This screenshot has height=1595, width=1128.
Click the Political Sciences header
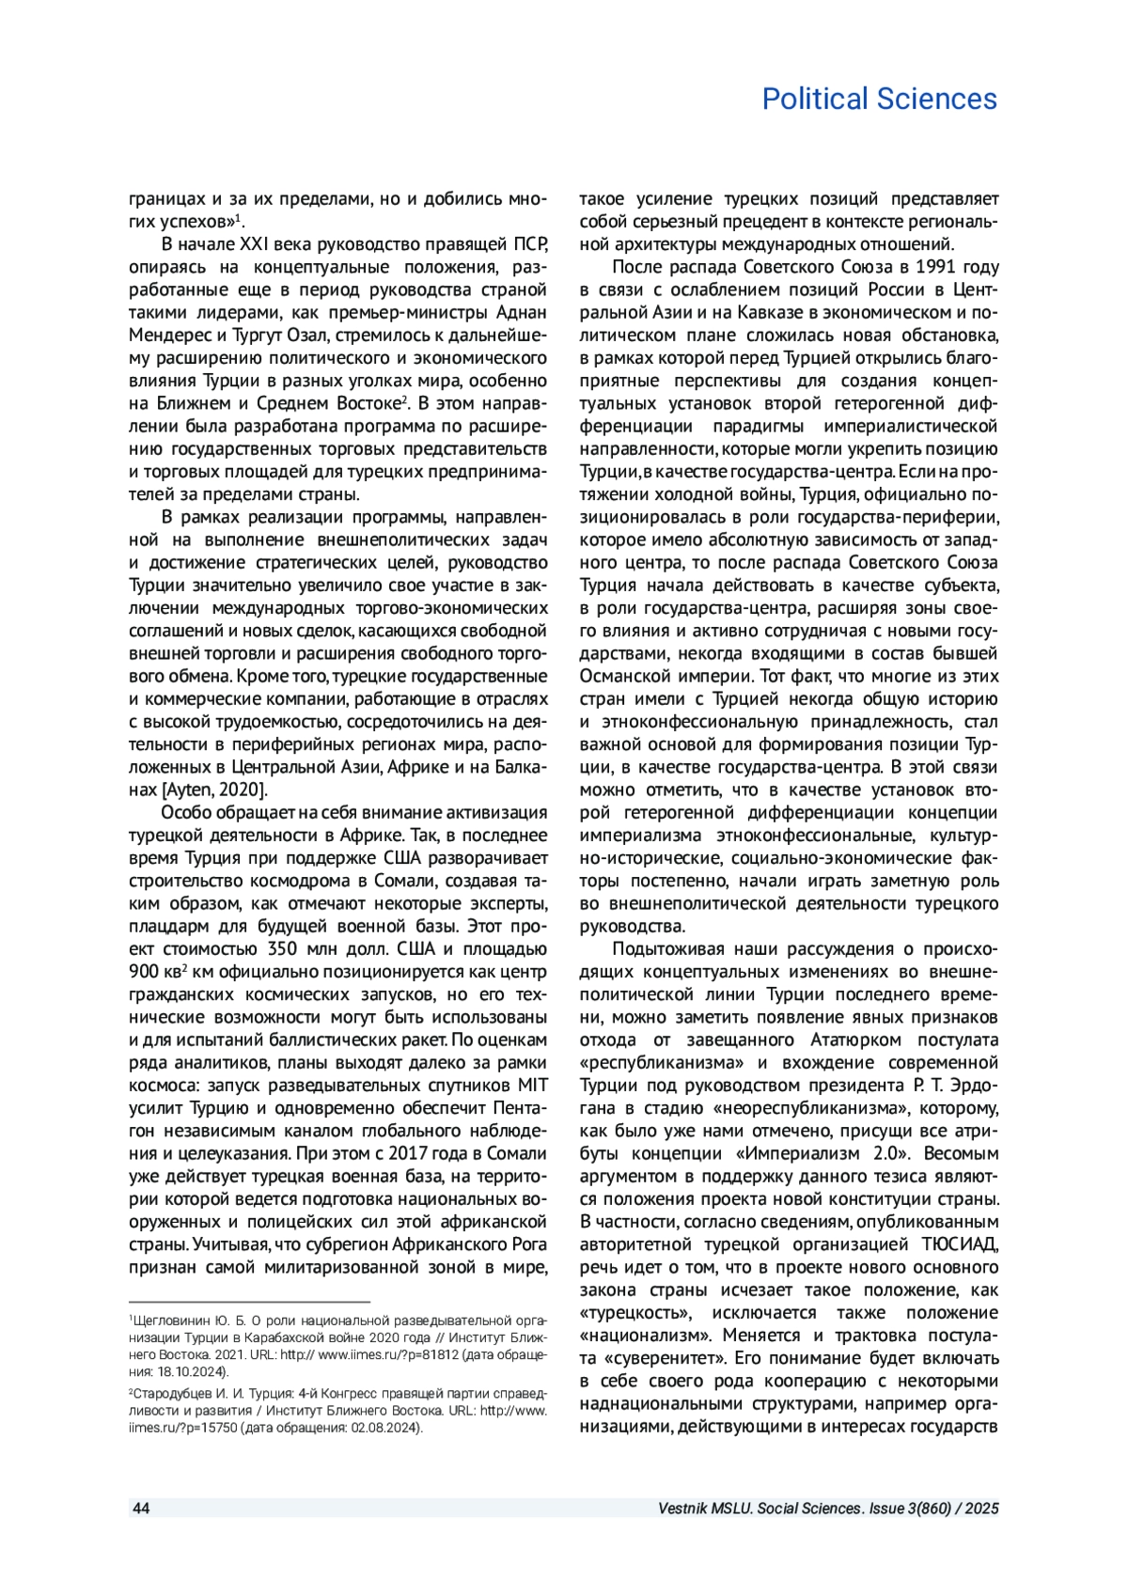(x=879, y=99)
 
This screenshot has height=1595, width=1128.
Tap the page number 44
(x=140, y=1509)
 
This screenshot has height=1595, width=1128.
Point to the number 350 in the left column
(x=284, y=948)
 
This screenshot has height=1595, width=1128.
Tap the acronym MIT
(x=531, y=1085)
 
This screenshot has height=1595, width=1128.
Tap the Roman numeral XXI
(x=255, y=244)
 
